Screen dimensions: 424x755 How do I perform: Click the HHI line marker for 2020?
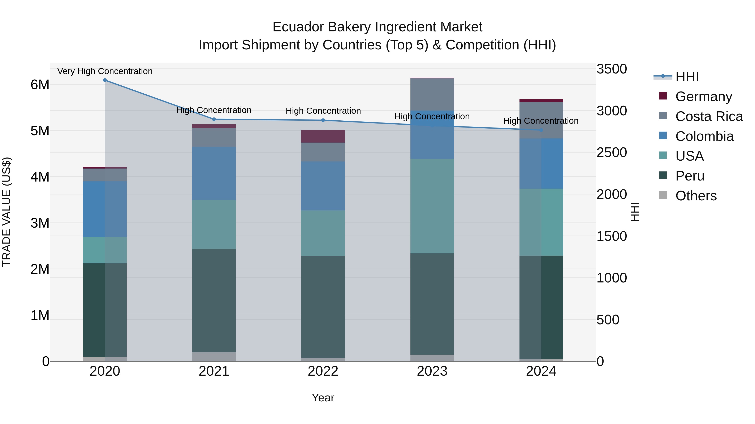click(x=105, y=80)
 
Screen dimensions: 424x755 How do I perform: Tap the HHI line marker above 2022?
click(x=323, y=120)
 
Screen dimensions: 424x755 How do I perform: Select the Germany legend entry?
click(x=703, y=97)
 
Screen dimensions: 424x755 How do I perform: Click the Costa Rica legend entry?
click(x=709, y=116)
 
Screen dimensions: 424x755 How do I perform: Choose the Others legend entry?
click(x=696, y=196)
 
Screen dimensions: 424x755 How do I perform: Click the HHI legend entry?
click(x=687, y=77)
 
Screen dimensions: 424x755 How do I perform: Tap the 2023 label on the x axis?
click(x=432, y=371)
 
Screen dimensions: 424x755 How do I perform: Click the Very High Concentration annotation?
click(x=105, y=71)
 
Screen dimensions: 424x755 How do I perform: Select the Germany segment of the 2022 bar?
click(x=323, y=136)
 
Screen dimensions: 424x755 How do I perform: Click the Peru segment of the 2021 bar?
click(x=214, y=300)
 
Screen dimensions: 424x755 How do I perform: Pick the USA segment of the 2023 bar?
click(x=432, y=206)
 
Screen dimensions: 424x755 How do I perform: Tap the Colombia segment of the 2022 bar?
click(x=323, y=186)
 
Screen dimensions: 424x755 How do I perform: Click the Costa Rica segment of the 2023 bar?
click(x=432, y=94)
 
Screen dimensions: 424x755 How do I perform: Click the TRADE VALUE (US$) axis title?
click(x=7, y=212)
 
